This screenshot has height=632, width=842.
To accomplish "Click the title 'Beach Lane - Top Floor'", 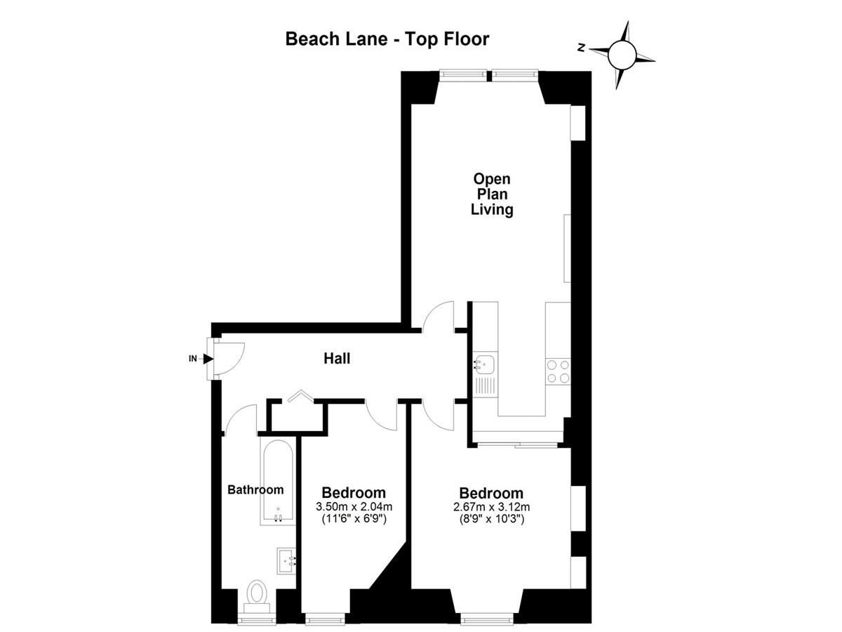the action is (387, 39).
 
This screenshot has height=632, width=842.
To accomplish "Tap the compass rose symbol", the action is (622, 55).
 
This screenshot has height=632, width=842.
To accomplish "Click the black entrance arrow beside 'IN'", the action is (208, 359).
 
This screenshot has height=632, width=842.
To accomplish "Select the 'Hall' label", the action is (337, 358).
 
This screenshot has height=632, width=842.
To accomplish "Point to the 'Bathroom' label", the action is (255, 489).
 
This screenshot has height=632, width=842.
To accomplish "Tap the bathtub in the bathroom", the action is (278, 482).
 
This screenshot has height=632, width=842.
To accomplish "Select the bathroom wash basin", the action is (286, 560).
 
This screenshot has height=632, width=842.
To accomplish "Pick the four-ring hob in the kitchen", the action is (558, 372).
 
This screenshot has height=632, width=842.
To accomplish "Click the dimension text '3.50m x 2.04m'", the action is (354, 507).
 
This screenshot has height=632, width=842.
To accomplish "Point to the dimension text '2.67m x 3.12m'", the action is (491, 507).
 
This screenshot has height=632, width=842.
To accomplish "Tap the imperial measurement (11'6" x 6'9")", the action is (354, 519).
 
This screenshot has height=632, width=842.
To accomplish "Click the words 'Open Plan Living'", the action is (492, 195).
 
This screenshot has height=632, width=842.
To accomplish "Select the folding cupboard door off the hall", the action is (301, 396).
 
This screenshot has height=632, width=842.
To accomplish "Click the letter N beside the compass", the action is (582, 48).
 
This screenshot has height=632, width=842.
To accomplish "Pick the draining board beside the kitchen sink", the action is (485, 386).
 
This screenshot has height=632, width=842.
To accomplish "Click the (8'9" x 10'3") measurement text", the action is (491, 519).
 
